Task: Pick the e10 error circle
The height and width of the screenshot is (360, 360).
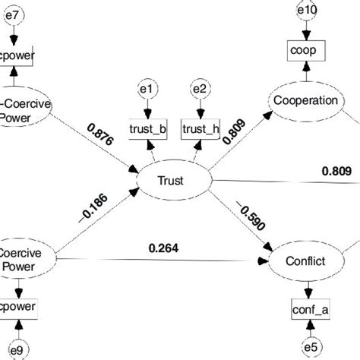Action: [x=306, y=11]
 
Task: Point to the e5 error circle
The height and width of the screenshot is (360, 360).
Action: [x=311, y=347]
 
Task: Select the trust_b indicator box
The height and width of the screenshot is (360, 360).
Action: [x=149, y=130]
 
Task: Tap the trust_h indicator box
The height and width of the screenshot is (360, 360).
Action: [x=201, y=130]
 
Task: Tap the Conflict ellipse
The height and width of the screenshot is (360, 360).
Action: [x=307, y=261]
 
